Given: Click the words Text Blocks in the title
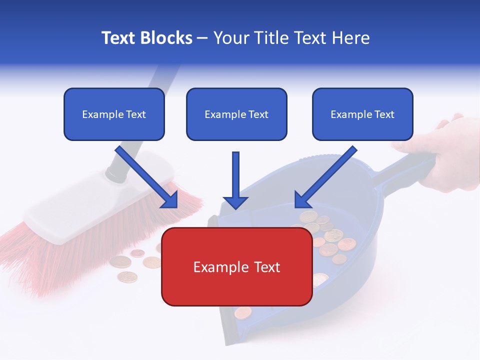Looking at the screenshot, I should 146,38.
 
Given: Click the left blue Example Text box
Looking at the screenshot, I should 114,114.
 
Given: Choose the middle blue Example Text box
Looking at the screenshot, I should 236,114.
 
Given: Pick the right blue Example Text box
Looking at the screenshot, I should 362,114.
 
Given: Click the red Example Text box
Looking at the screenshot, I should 236,267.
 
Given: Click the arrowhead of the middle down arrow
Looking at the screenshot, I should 235,202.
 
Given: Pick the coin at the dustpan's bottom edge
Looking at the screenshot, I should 243,312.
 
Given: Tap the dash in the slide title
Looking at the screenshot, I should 202,38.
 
